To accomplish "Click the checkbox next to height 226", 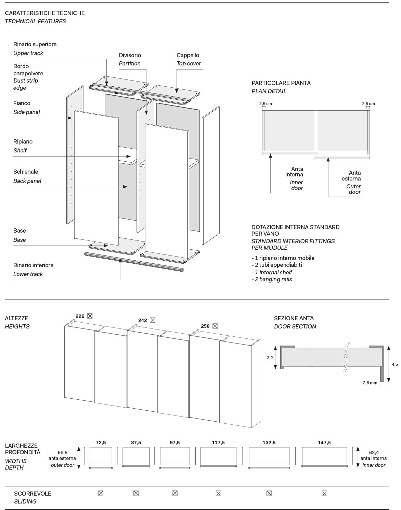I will (x=90, y=316).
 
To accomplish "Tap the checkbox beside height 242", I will (x=153, y=320).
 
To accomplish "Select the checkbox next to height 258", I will (x=215, y=326).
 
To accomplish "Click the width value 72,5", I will (x=101, y=443).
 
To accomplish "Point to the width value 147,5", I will (x=324, y=443).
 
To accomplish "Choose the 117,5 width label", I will (x=218, y=443).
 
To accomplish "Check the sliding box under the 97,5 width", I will (x=175, y=493).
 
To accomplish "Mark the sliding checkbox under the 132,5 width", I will (x=269, y=493).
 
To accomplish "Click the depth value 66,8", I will (x=63, y=452).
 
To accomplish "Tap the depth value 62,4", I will (x=374, y=452).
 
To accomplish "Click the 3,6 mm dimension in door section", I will (x=370, y=383).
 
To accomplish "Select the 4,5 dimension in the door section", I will (x=394, y=364).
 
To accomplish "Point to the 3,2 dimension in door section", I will (x=270, y=358).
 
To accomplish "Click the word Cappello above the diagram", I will (x=188, y=55).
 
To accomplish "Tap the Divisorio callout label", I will (x=130, y=55).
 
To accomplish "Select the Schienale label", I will (x=26, y=172).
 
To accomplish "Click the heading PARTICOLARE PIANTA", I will (x=281, y=83).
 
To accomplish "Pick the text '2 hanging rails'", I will (x=273, y=279).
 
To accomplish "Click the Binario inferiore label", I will (x=33, y=265).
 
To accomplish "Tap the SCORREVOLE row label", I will (x=33, y=494).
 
